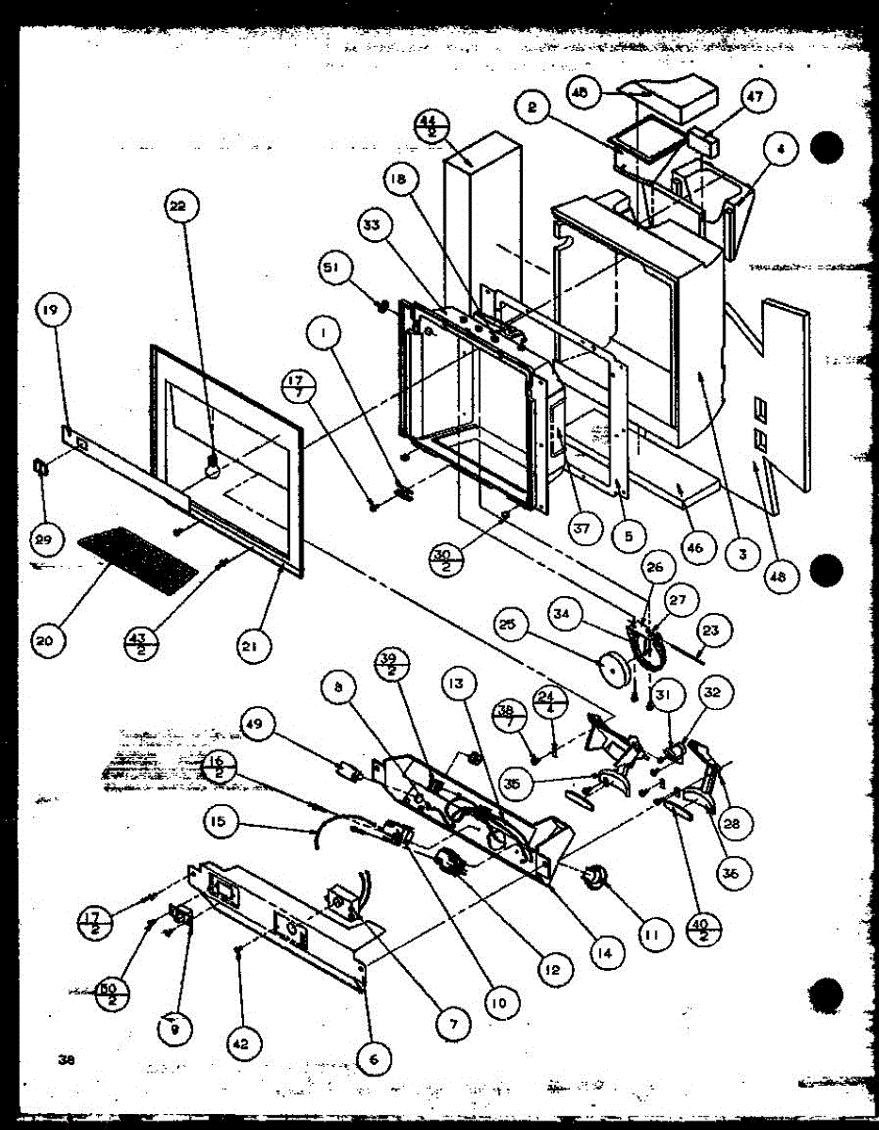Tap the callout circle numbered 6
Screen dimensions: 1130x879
(373, 1058)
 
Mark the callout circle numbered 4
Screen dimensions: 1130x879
(783, 149)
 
